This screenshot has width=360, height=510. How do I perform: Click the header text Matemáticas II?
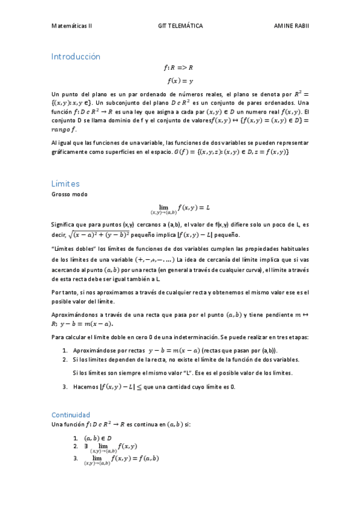pyautogui.click(x=72, y=26)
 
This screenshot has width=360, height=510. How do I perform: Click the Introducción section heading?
pyautogui.click(x=76, y=57)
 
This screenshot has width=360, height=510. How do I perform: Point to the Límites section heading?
pyautogui.click(x=66, y=183)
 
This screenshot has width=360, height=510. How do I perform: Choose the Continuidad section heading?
pyautogui.click(x=71, y=415)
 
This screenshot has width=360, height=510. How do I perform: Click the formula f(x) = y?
pyautogui.click(x=180, y=81)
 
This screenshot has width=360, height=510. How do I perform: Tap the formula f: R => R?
pyautogui.click(x=180, y=68)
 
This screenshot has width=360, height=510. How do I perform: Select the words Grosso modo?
pyautogui.click(x=69, y=194)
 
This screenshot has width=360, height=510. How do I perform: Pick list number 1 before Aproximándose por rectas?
pyautogui.click(x=64, y=350)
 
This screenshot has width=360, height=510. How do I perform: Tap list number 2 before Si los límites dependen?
pyautogui.click(x=64, y=360)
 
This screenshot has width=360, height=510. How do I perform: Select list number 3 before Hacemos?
pyautogui.click(x=64, y=387)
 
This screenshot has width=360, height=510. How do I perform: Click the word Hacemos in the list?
pyautogui.click(x=85, y=387)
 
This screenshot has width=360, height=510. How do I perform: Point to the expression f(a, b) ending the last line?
pyautogui.click(x=146, y=458)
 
